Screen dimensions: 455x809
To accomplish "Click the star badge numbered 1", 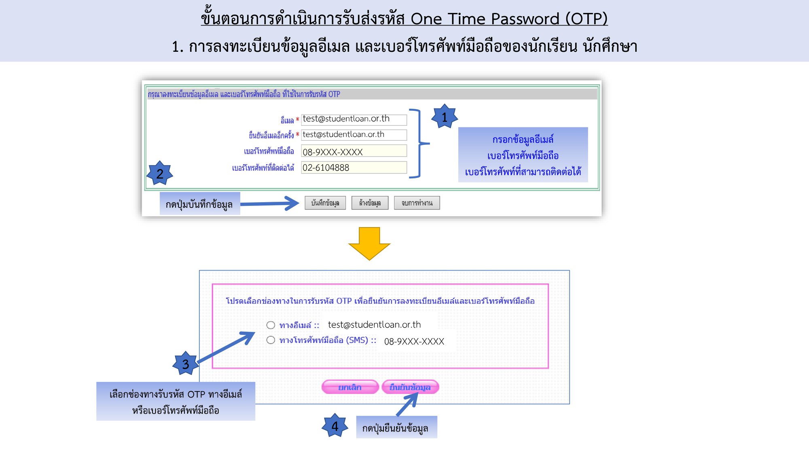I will [445, 116].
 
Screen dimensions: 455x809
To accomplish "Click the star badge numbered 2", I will [160, 173].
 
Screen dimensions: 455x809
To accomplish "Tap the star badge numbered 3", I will [186, 364].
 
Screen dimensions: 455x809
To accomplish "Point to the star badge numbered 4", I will [335, 426].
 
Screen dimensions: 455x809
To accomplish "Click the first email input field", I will [354, 119].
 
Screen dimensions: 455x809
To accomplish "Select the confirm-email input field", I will [354, 135].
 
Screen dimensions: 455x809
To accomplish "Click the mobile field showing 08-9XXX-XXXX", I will [354, 151].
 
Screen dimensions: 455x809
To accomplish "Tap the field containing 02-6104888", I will [354, 167].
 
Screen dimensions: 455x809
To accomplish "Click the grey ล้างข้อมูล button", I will [370, 203].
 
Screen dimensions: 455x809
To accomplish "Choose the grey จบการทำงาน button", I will [417, 203].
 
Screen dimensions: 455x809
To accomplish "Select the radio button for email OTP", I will [271, 325].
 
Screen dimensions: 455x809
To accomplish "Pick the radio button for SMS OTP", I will [271, 340].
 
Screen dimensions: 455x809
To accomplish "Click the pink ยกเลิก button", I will [350, 387].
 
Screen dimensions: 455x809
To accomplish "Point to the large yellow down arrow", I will [369, 243].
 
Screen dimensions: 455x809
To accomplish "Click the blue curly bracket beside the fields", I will [419, 143].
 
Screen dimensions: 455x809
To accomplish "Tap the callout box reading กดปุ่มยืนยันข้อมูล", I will [396, 427].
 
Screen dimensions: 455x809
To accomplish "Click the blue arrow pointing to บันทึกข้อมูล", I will [269, 203].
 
